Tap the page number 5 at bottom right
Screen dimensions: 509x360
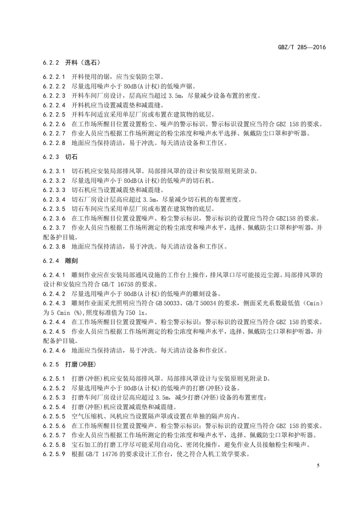318,466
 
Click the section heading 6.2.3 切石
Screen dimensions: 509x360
60,157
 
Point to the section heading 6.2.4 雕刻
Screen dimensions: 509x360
60,261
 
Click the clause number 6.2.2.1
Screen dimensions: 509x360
54,77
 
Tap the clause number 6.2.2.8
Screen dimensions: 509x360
54,143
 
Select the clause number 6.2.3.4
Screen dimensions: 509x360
54,199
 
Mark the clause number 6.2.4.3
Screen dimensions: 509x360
54,303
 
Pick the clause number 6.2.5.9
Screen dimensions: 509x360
54,454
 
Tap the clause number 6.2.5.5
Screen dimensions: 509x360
54,416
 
